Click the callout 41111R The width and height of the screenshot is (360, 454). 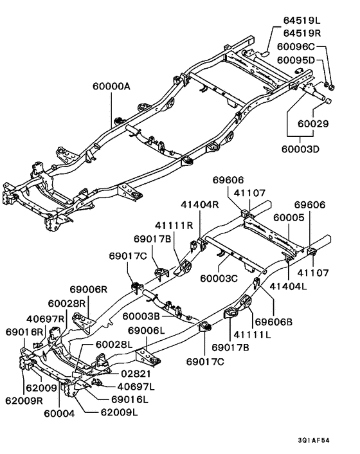[174, 226]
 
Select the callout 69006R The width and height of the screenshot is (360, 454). [89, 291]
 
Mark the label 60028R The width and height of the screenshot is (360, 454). [66, 303]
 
